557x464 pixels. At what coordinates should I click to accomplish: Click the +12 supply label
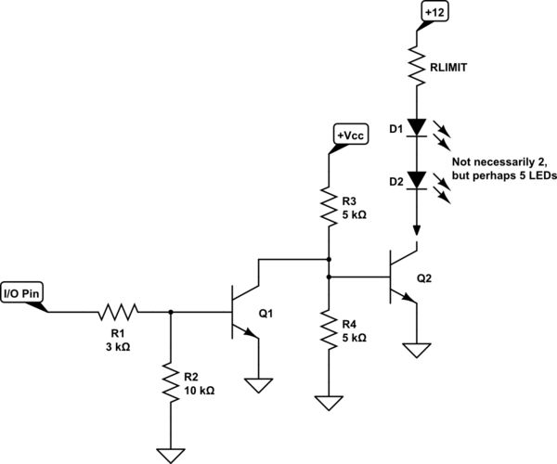point(434,13)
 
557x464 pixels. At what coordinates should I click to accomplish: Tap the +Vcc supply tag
point(350,135)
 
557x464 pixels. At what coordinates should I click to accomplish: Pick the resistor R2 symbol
point(170,383)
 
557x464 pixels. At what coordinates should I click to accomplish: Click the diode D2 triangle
point(417,178)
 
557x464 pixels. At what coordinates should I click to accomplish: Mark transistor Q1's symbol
point(243,313)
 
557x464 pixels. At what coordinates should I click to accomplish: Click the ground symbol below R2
point(170,454)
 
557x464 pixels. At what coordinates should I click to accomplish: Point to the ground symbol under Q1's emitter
point(258,381)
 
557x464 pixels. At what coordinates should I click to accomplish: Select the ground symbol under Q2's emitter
point(417,350)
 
